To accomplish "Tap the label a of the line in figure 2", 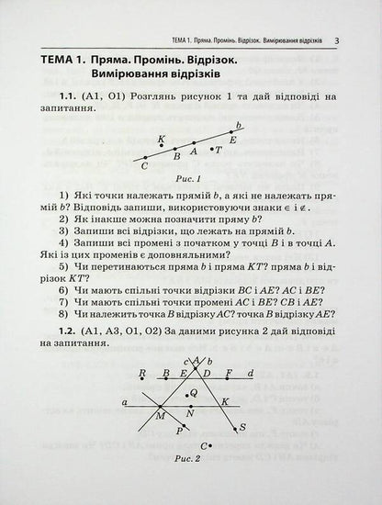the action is click(125, 401).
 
